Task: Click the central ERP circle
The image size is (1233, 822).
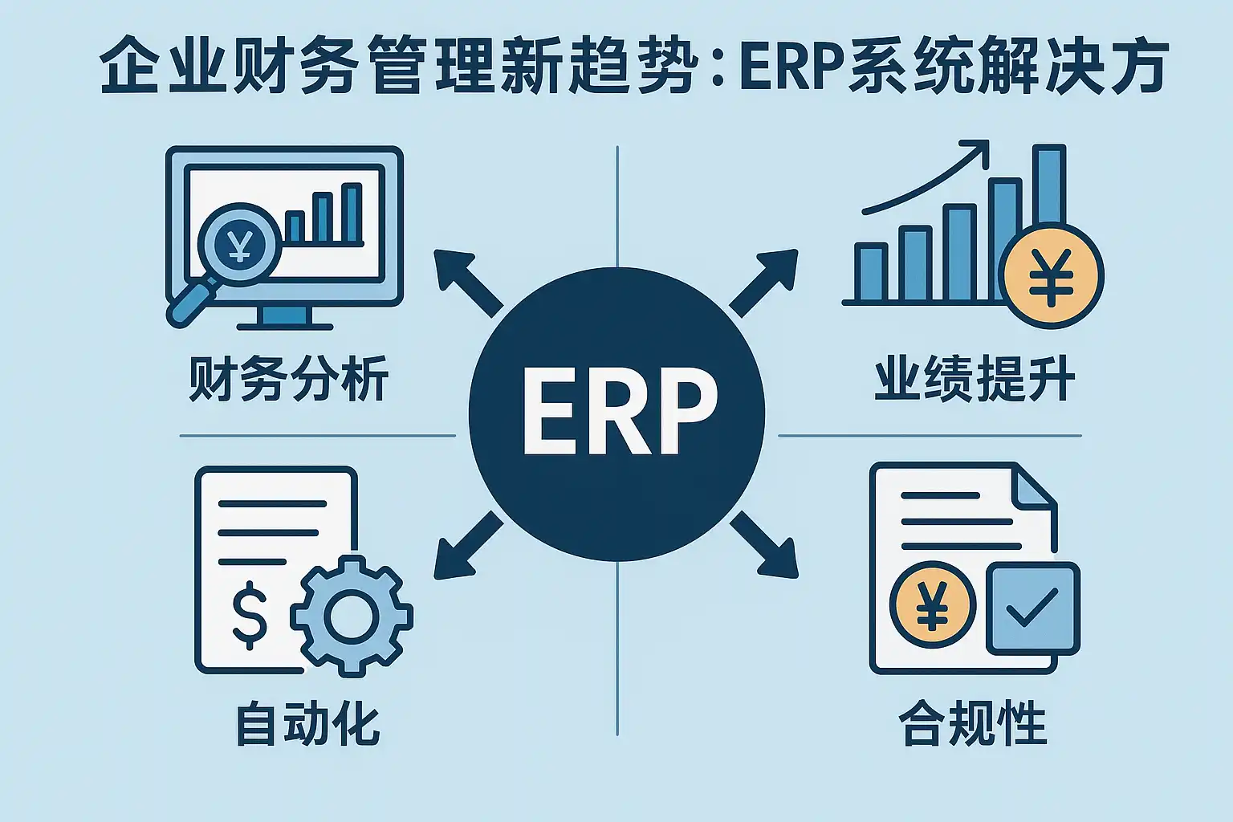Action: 616,414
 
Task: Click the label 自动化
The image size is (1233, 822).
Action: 307,723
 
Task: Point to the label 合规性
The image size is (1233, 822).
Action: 973,723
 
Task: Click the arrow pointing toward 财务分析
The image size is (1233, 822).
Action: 466,280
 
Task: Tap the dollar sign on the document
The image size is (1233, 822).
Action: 250,614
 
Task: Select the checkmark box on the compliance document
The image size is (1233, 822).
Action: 1032,608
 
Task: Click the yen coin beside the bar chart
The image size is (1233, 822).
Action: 1052,275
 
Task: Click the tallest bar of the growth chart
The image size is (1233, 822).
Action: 1048,185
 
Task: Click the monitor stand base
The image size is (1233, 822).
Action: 285,326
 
